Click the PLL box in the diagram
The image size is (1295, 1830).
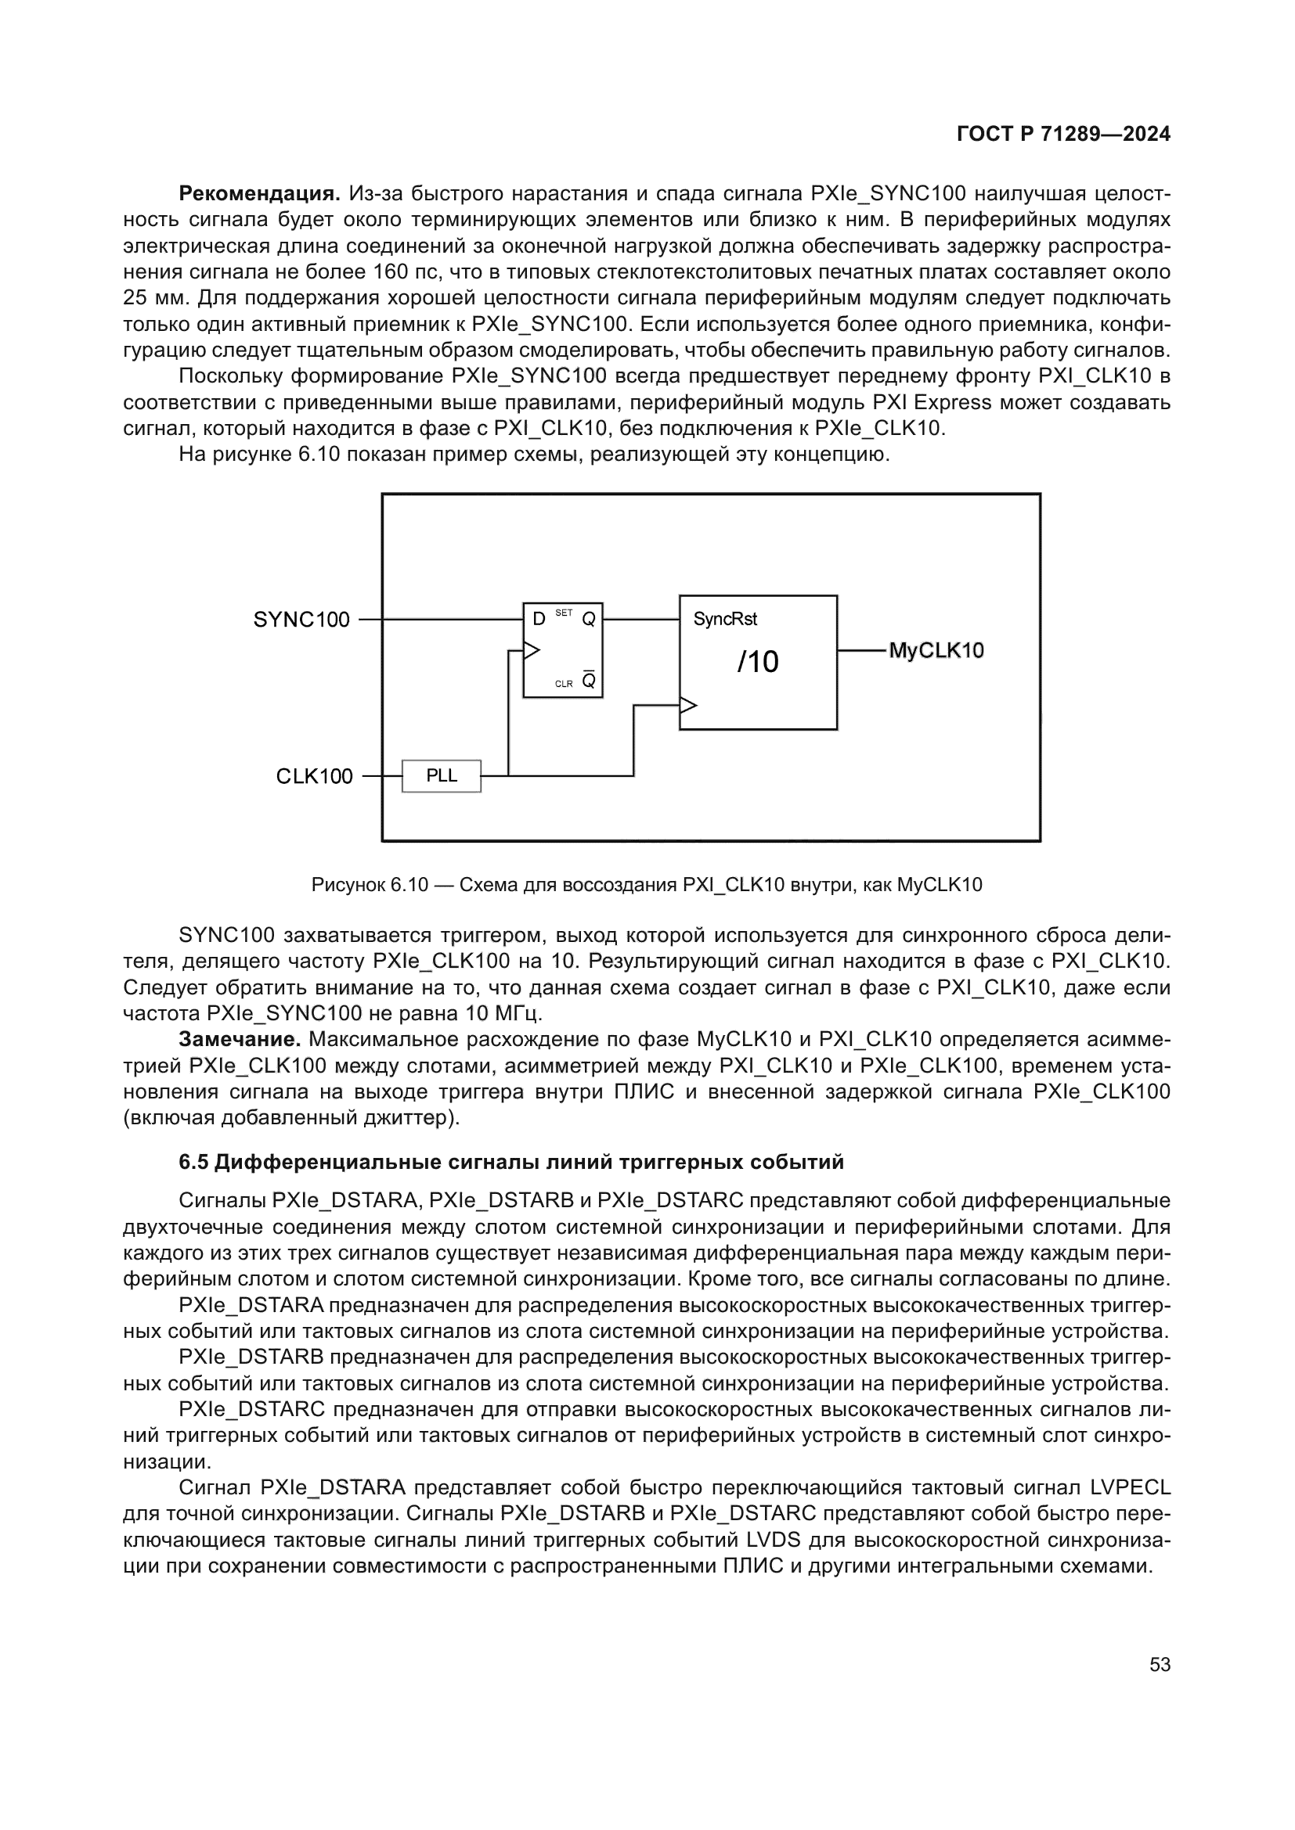441,775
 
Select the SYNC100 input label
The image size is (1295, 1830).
301,620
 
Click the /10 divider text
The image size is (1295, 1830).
758,662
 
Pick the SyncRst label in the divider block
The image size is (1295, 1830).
725,620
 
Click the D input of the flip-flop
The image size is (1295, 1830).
538,620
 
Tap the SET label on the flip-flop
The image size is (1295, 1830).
564,613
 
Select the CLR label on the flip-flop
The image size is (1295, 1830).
564,684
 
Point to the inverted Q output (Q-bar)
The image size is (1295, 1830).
589,681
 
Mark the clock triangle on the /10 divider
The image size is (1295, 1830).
687,706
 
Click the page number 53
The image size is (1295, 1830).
1160,1664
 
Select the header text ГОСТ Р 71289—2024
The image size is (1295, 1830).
1063,134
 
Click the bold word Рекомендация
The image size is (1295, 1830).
260,194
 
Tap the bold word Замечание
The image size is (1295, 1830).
240,1039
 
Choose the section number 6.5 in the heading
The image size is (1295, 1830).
193,1162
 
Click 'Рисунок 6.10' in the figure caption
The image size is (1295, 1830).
370,885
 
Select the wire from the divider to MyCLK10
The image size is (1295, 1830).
862,650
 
